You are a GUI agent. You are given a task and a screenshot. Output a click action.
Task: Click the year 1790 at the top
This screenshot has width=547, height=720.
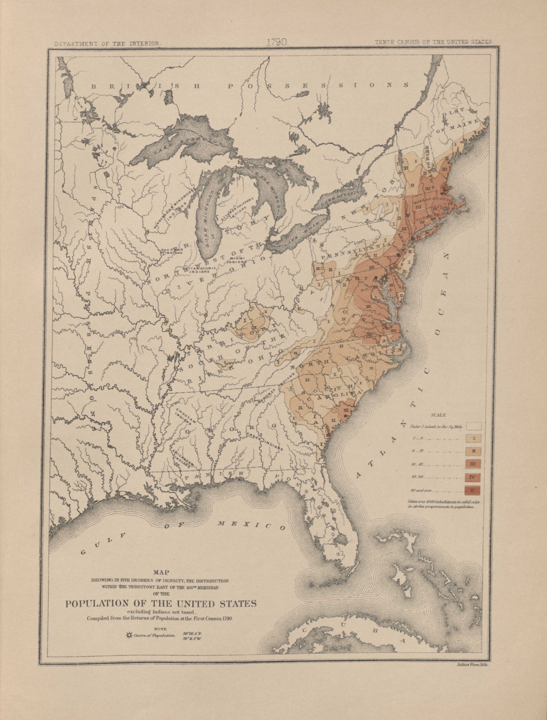pos(276,42)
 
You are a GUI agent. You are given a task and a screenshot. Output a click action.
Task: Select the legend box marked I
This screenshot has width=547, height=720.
pos(474,438)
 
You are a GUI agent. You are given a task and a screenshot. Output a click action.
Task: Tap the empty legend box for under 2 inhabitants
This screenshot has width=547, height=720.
pos(474,426)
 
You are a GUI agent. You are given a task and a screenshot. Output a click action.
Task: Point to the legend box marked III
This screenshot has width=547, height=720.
pos(474,464)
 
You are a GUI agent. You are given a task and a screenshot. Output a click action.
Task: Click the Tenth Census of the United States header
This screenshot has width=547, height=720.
pos(434,42)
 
